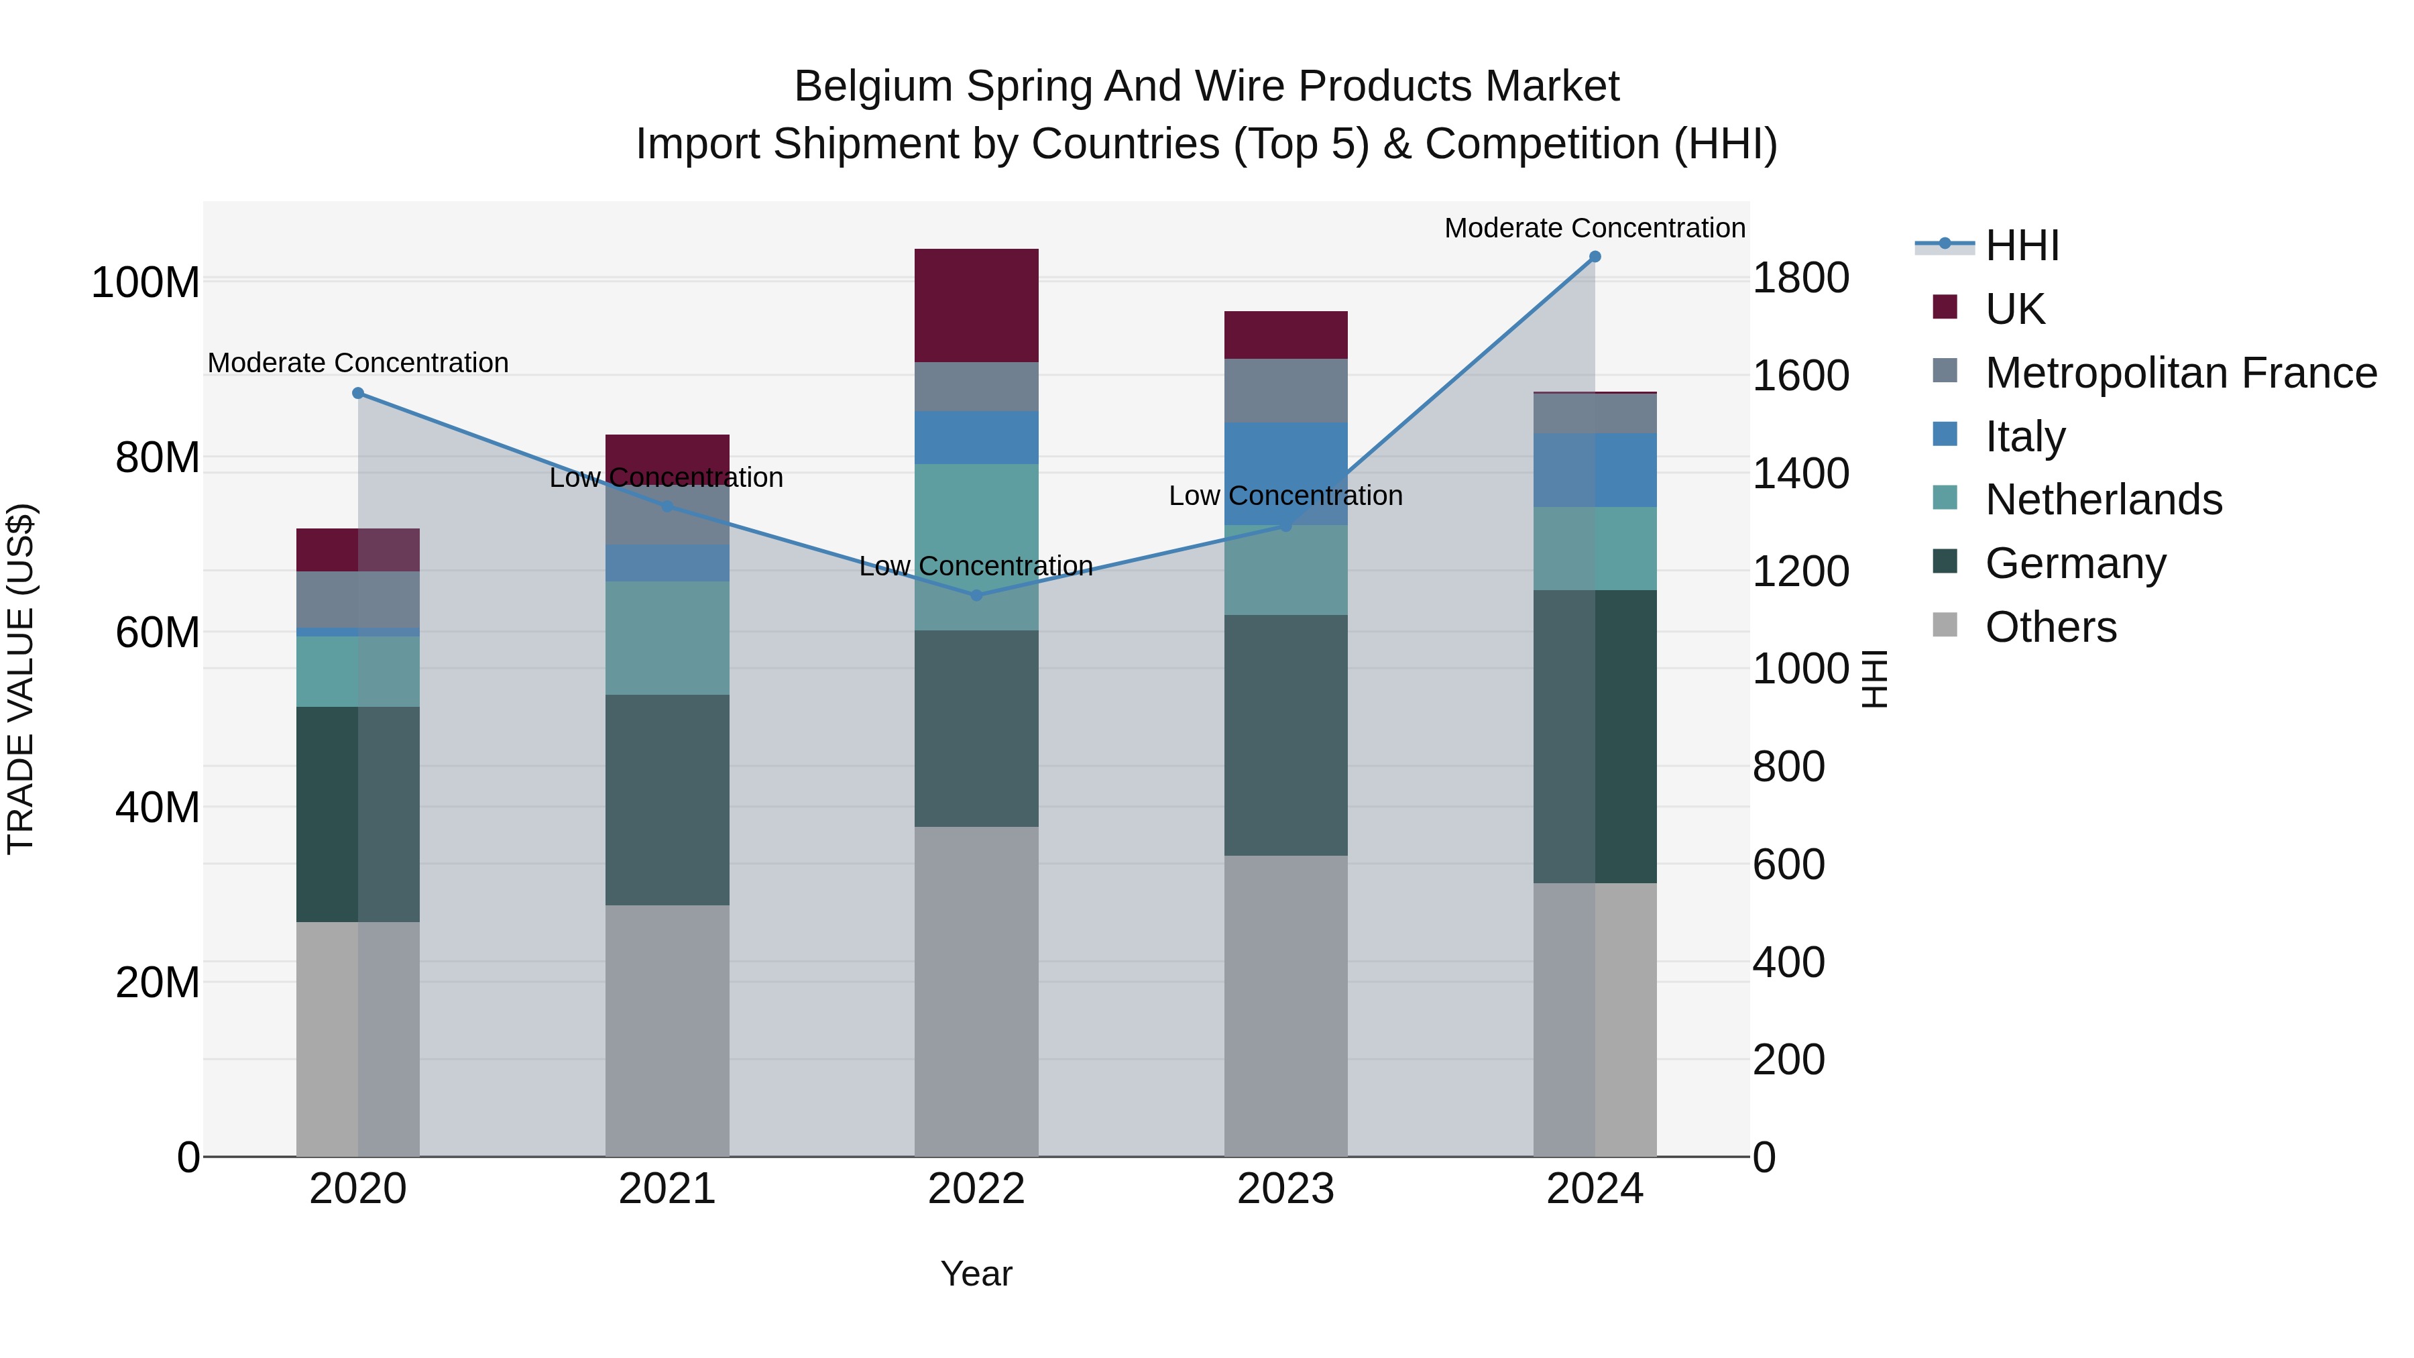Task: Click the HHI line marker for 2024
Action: click(x=1595, y=257)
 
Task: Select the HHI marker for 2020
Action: click(x=358, y=394)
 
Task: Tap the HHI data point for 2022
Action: click(x=976, y=595)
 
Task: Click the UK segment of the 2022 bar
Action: click(x=976, y=306)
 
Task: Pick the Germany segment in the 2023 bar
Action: click(x=1285, y=735)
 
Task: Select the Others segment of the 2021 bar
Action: click(x=667, y=1030)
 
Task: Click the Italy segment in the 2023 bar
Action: click(x=1285, y=473)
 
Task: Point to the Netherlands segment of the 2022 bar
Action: click(x=976, y=547)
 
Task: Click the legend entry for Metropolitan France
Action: click(x=2181, y=373)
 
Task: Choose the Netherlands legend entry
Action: click(x=2104, y=500)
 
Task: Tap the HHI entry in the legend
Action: click(x=2022, y=245)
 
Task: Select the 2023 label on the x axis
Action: click(x=1285, y=1189)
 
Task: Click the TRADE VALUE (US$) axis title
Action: click(x=21, y=679)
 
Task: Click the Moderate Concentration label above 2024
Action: click(x=1595, y=228)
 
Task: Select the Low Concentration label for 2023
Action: click(x=1285, y=496)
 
